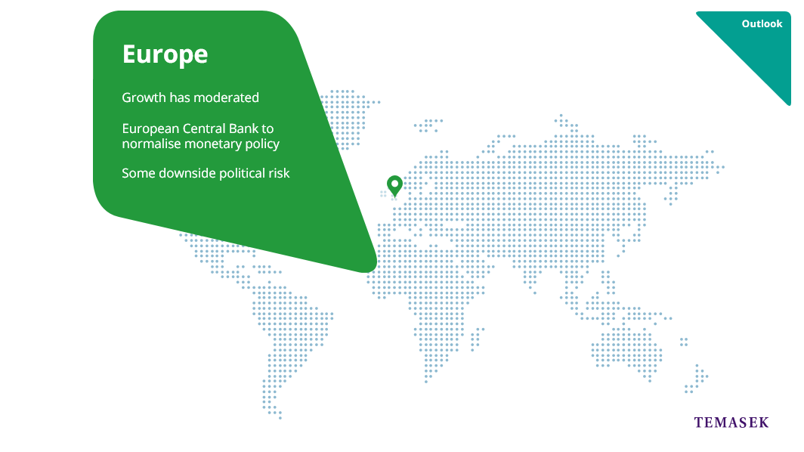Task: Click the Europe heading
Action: point(165,54)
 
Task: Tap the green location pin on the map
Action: point(394,186)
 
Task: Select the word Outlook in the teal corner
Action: point(762,23)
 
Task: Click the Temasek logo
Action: point(731,423)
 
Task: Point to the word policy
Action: point(262,144)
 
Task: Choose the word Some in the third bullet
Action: point(138,173)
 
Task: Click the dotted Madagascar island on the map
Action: point(478,338)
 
